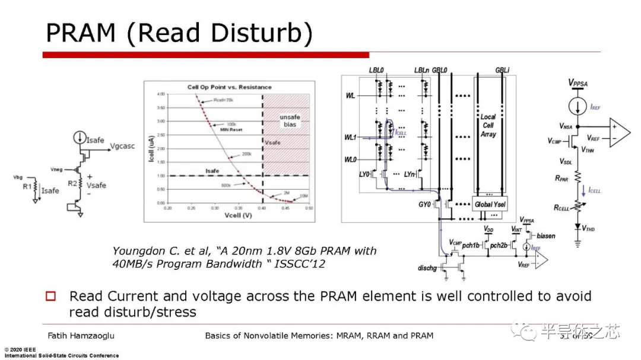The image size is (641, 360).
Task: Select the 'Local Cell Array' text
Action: pos(488,126)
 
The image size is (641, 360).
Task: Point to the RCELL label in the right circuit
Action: pos(562,208)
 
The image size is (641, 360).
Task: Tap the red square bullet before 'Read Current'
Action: pos(51,296)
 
